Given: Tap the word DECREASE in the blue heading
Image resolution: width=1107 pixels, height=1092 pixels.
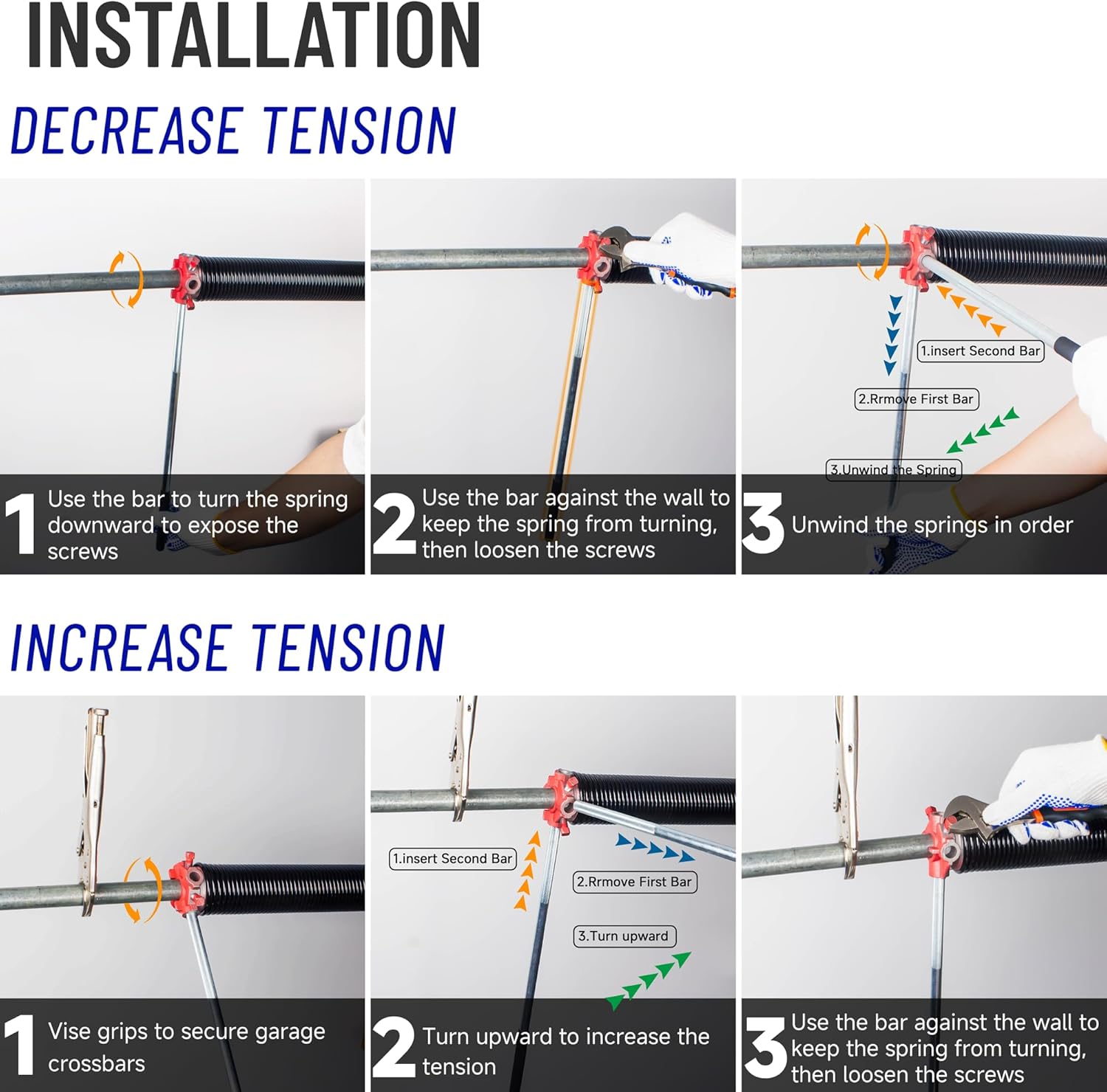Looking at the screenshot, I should tap(125, 131).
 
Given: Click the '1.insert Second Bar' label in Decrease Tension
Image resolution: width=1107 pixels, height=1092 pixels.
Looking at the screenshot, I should tap(980, 351).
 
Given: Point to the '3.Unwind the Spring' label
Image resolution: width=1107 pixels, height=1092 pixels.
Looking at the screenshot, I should tap(893, 470).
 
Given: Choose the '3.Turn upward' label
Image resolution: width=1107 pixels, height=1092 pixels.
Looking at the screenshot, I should tap(624, 936).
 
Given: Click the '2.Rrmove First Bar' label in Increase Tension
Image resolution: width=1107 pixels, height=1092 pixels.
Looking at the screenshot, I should tap(634, 882).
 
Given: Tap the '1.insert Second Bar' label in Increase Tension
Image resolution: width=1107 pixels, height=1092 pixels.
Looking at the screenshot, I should tap(452, 859).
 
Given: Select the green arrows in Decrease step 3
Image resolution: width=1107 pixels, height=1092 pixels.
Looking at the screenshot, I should tap(983, 430).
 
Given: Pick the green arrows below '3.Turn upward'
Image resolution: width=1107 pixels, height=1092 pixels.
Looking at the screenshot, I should tap(648, 981).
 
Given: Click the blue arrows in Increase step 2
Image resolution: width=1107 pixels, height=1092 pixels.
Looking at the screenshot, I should tap(655, 848).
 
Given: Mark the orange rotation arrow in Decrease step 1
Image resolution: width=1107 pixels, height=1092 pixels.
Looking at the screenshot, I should tap(126, 279).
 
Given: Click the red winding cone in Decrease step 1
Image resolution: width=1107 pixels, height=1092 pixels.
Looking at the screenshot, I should tap(185, 280).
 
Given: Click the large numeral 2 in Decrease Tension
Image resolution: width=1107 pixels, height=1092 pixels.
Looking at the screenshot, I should tap(394, 525).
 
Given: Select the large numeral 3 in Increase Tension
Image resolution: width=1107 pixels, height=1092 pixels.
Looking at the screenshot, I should tap(765, 1048).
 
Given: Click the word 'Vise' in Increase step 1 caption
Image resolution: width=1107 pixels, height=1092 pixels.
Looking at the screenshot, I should tap(69, 1031).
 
